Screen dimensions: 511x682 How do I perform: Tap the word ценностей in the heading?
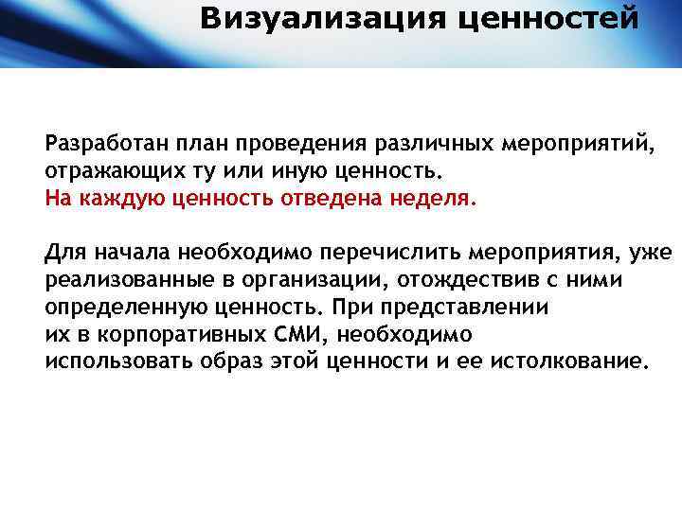(x=548, y=18)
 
